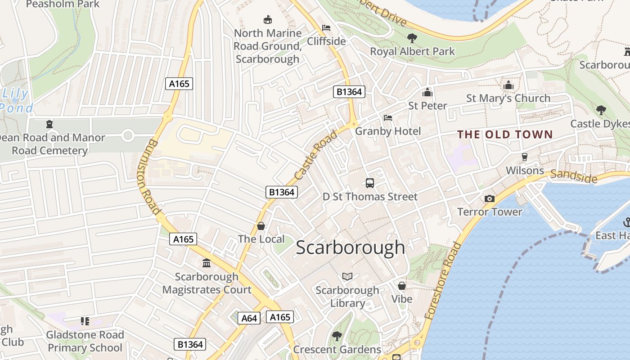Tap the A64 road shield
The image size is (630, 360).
pos(249,319)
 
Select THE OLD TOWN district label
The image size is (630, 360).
pos(504,134)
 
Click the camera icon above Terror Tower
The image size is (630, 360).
pos(489,198)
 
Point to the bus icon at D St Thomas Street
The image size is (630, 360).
pos(369,183)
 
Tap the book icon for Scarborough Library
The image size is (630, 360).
pos(347,276)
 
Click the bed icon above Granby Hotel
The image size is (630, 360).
pos(387,118)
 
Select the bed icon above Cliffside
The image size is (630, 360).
pos(326,28)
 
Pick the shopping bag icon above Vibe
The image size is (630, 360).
pos(401,286)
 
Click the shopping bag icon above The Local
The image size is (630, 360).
pos(261,226)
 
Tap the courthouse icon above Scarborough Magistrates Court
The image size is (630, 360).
pos(207,263)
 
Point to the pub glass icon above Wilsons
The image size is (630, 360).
pos(524,157)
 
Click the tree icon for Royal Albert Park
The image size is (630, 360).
pos(412,38)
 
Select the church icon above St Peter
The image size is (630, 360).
pos(427,92)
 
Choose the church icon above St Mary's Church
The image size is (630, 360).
pos(508,85)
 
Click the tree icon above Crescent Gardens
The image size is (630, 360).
pos(337,336)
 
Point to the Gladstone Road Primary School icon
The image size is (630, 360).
pos(85,321)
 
